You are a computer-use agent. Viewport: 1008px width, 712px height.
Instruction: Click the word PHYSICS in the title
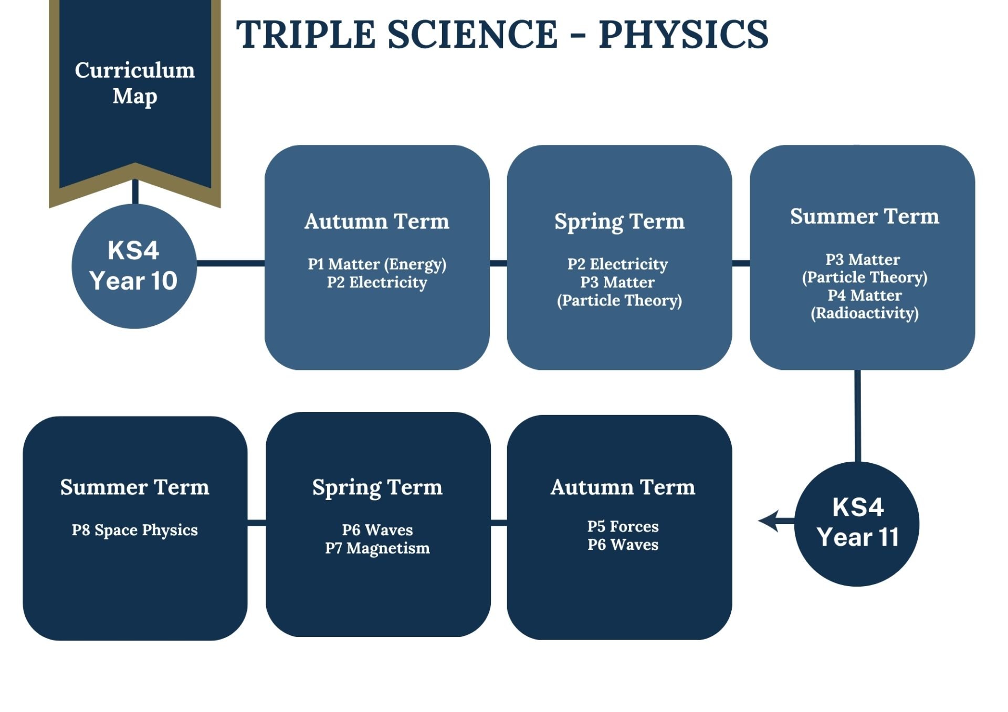684,35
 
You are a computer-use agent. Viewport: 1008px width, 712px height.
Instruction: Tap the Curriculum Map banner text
135,83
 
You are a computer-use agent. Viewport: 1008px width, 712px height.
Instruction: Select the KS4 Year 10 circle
134,266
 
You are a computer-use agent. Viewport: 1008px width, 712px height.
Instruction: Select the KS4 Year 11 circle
857,524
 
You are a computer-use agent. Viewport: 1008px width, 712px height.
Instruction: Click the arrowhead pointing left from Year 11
769,521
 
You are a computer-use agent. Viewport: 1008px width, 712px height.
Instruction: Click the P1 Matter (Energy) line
377,264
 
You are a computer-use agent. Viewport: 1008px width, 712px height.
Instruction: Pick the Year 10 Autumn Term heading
377,221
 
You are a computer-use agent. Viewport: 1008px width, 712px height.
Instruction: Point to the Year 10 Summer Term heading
865,216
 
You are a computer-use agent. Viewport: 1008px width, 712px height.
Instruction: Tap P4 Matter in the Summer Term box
865,295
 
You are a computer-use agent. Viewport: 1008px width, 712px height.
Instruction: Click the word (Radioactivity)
865,313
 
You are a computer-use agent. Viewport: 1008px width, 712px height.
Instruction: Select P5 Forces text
623,526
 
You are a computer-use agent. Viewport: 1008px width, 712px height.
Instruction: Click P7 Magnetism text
377,548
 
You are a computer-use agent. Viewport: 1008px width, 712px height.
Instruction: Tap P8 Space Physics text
135,530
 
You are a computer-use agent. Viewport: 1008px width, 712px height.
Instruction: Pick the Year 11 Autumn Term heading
623,487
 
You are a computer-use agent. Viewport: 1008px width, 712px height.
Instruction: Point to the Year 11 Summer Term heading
135,487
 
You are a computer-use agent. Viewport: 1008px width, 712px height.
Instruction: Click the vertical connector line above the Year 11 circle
857,416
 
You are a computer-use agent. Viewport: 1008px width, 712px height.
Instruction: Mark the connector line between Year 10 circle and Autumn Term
230,263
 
